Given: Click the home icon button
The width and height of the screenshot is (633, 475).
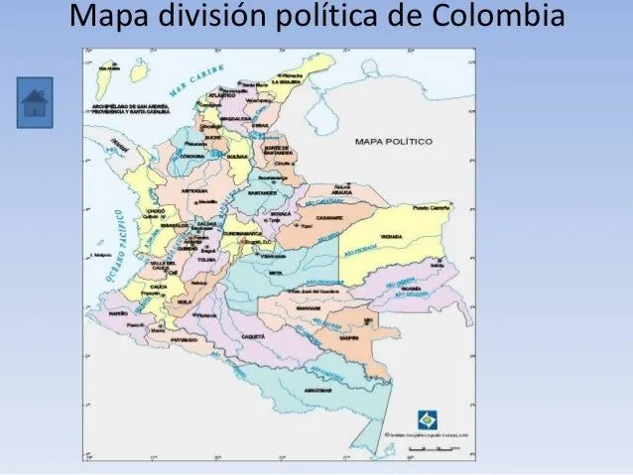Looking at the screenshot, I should tap(34, 101).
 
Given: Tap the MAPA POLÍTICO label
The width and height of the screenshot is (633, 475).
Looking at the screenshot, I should tap(394, 142).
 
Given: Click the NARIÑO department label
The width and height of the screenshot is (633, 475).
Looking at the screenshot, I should tap(120, 311).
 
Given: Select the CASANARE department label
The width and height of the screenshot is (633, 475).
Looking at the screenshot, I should tap(328, 214).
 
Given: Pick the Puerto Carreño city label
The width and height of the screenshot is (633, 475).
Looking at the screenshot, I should tap(434, 208).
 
